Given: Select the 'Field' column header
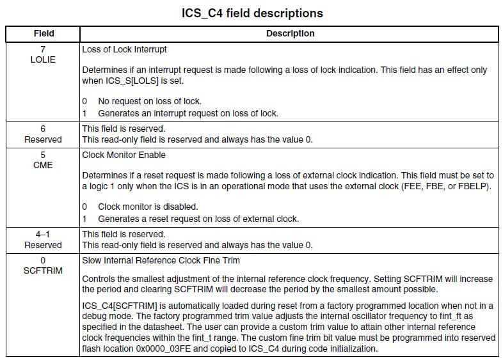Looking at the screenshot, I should [43, 33].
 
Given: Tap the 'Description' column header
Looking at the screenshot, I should [290, 33].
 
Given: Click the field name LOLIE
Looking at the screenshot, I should [43, 59].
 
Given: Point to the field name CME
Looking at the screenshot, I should [43, 165].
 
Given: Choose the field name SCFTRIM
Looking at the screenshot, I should [43, 270].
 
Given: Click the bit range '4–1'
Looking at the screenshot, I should [43, 234].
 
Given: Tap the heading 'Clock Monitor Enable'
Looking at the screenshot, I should [124, 154].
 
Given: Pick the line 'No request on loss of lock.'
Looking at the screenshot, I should [149, 101].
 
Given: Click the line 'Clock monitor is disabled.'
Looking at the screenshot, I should [148, 207].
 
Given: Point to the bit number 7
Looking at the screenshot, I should [43, 49].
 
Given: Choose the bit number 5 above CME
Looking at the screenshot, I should [43, 154].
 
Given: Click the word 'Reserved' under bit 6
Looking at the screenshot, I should [43, 139].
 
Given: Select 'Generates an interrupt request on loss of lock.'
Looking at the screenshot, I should [188, 113].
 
